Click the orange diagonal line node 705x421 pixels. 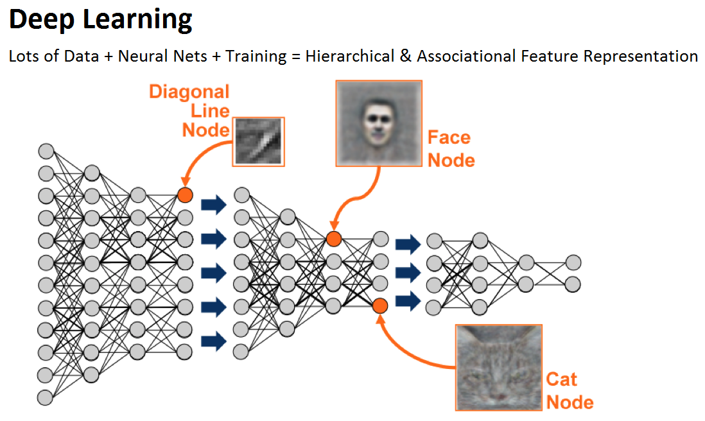pos(185,194)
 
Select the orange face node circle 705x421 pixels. pos(333,239)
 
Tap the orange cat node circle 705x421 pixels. pos(379,305)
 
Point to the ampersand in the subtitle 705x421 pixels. pos(405,56)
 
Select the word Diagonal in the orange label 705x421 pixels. pos(189,92)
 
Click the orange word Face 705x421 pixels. pos(449,137)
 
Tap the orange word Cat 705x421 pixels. pos(561,379)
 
